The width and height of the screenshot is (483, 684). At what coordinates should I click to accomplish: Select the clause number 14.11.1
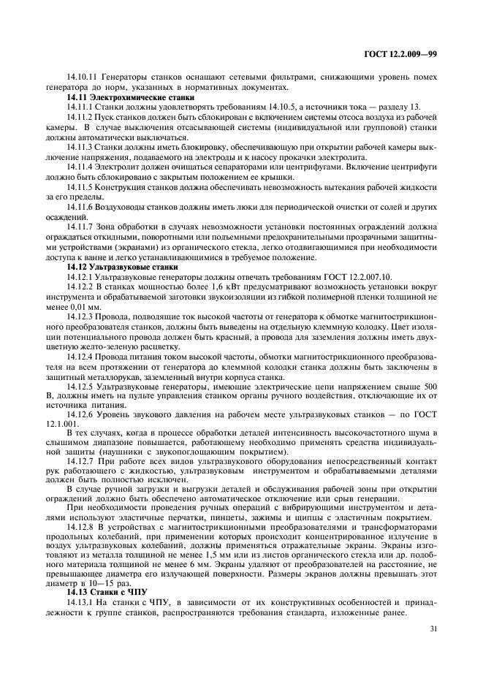pos(82,107)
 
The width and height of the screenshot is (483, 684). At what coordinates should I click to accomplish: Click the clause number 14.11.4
pos(82,165)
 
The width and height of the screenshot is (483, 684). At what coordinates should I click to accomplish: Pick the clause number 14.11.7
pos(82,226)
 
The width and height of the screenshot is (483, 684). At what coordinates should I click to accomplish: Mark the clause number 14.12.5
pos(82,384)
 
